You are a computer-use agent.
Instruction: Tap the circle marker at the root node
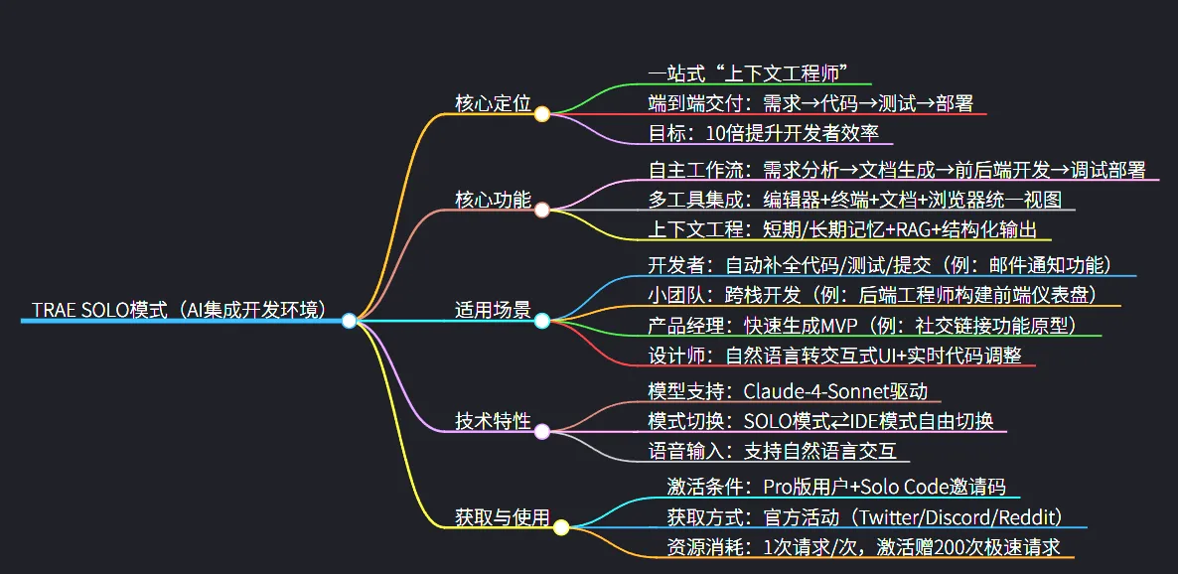[349, 321]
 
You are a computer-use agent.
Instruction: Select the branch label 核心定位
[494, 103]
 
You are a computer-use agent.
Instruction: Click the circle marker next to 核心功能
[541, 210]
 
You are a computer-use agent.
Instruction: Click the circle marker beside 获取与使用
[561, 527]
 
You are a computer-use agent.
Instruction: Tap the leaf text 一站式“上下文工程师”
[746, 72]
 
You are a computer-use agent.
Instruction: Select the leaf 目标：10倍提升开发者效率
[764, 134]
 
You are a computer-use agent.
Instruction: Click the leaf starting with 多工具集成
[854, 199]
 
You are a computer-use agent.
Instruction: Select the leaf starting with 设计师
[834, 355]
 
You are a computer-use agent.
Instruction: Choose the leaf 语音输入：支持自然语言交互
[772, 451]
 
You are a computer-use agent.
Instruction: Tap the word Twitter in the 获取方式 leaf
[893, 516]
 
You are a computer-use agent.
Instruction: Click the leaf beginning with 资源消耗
[863, 547]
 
